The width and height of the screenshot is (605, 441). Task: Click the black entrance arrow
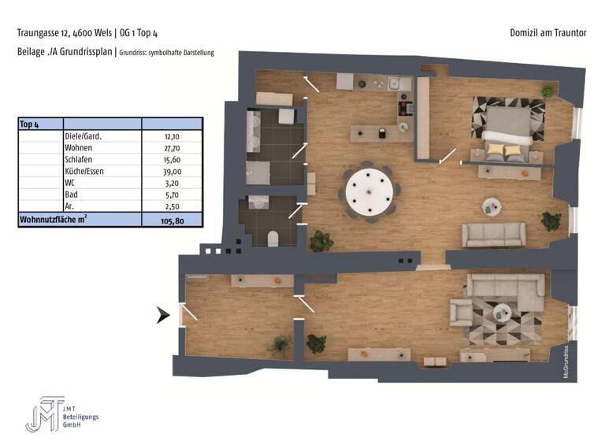[163, 316]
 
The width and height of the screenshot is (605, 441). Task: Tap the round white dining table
[369, 190]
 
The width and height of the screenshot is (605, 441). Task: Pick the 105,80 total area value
[173, 221]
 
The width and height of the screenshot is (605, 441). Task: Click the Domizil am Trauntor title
[548, 33]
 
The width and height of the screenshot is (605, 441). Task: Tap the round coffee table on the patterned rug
[502, 313]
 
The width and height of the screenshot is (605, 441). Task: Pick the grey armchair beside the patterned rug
[460, 313]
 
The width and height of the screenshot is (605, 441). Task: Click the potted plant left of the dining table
[321, 240]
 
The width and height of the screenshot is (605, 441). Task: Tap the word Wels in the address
[102, 33]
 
